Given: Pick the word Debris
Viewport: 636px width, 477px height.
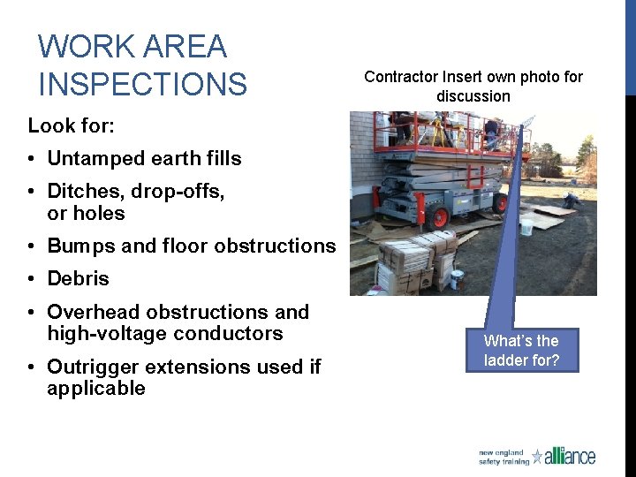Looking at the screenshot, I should coord(78,278).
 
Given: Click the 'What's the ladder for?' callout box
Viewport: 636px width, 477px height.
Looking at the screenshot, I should coord(521,351).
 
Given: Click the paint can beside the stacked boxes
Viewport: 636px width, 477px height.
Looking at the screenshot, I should coord(456,280).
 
